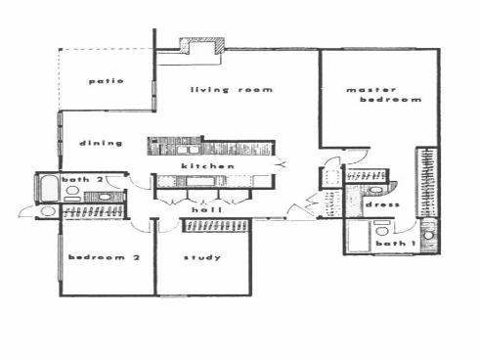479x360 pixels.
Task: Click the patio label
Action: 104,80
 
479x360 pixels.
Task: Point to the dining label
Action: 102,143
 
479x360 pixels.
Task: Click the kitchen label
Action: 208,167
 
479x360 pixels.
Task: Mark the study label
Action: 201,258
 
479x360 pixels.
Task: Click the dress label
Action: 378,205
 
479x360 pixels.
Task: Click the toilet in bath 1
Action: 427,234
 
